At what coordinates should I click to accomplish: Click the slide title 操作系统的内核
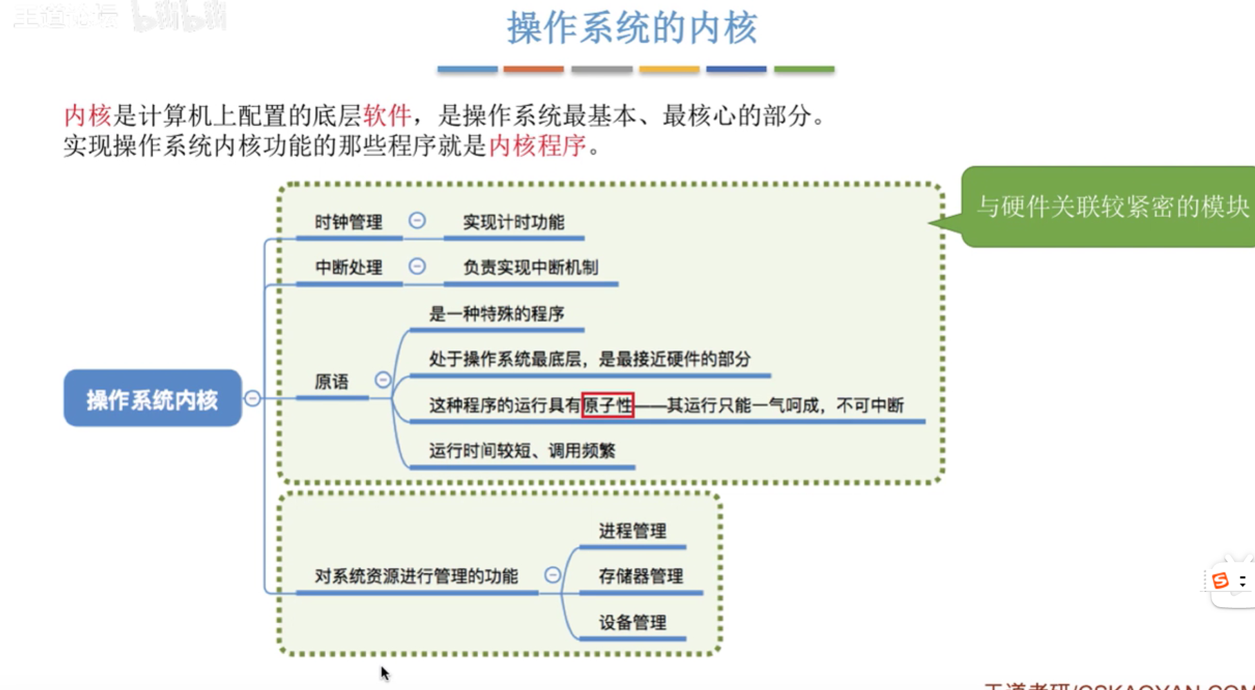pos(632,28)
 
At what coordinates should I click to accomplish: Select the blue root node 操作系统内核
pos(153,399)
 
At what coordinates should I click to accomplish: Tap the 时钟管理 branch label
pos(348,222)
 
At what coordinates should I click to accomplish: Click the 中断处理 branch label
pos(348,267)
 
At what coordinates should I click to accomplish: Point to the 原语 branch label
pos(332,382)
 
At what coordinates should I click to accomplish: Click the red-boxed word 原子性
pos(607,405)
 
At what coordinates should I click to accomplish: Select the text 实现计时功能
pos(513,222)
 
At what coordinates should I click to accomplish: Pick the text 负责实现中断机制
pos(530,267)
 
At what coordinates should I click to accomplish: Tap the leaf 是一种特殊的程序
pos(497,314)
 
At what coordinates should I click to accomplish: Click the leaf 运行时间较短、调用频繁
pos(521,451)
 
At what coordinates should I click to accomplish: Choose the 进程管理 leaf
pos(632,531)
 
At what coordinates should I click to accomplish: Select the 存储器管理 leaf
pos(640,576)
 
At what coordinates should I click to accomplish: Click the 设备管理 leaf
pos(632,622)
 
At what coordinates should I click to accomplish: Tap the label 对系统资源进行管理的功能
pos(416,576)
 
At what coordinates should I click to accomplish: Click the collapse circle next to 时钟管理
pos(417,220)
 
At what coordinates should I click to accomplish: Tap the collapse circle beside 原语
pos(383,379)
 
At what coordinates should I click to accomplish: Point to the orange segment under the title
pos(533,69)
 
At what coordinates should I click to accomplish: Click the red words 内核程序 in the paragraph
pos(537,146)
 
